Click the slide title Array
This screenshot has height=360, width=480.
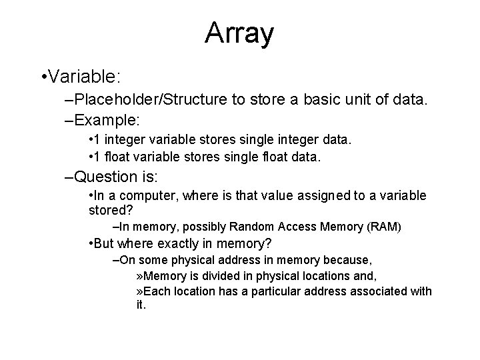pyautogui.click(x=239, y=33)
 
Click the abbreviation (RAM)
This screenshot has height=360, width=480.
pyautogui.click(x=384, y=227)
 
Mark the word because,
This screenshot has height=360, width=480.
pyautogui.click(x=349, y=259)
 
